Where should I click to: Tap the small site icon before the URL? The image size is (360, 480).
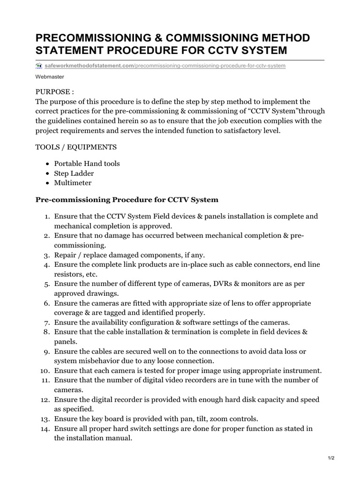point(39,66)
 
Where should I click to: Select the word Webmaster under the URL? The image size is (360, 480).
point(50,76)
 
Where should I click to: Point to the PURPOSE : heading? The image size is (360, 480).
point(55,91)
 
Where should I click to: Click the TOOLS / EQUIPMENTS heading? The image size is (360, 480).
point(76,147)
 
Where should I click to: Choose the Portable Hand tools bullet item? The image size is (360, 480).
point(87,164)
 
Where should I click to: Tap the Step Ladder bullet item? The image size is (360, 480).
point(74,173)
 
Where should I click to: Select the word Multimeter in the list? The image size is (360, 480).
point(73,183)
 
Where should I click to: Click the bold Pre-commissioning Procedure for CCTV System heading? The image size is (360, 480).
point(127,200)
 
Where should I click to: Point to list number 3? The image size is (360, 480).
point(47,255)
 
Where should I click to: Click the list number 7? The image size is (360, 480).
point(47,322)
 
